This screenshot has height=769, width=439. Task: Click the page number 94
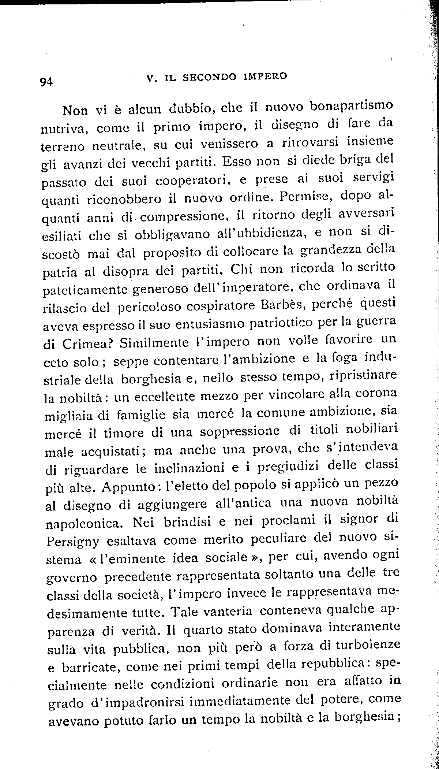tap(47, 82)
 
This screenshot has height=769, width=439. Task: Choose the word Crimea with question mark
tap(86, 344)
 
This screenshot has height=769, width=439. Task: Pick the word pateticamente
tap(86, 290)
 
